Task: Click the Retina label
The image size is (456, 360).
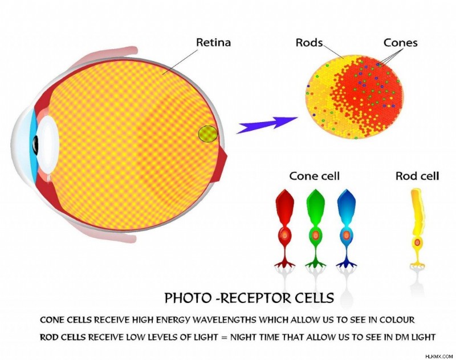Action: click(213, 42)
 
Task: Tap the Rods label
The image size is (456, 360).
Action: click(309, 42)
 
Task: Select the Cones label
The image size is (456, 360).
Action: click(401, 42)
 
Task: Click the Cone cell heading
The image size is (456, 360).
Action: click(315, 176)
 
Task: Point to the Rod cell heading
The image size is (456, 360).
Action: click(417, 176)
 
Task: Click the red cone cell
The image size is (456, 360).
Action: click(285, 228)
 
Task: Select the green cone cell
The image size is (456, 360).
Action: click(316, 228)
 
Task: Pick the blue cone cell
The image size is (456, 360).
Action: click(347, 228)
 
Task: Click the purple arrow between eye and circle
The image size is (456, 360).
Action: click(267, 124)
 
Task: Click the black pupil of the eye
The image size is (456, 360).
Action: click(35, 144)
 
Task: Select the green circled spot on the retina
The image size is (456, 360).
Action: click(207, 134)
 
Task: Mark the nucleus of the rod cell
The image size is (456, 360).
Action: click(418, 242)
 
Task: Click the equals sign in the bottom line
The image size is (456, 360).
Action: click(224, 338)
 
